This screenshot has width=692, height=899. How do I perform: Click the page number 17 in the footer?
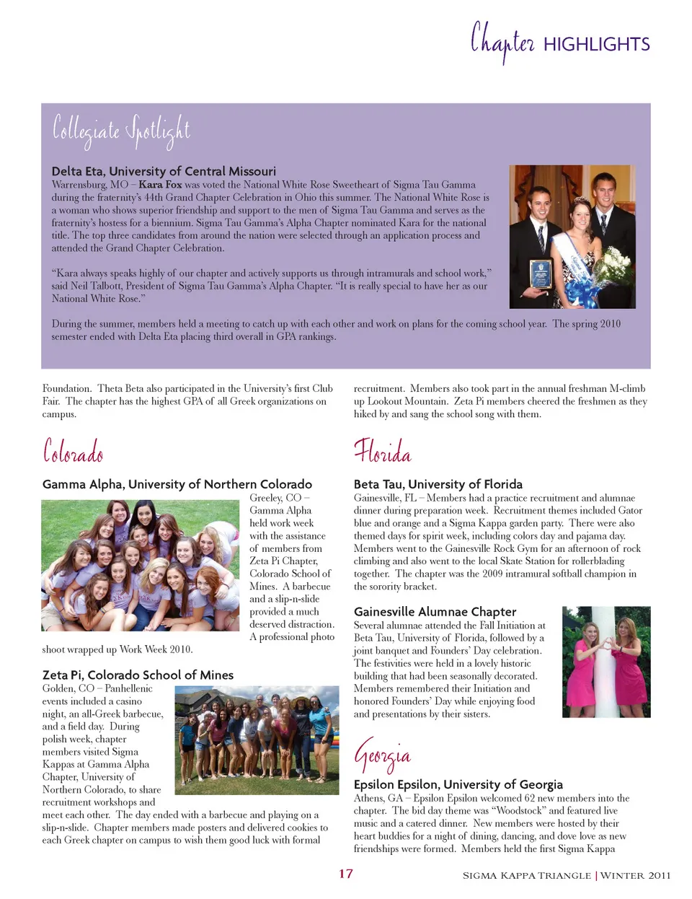pyautogui.click(x=346, y=874)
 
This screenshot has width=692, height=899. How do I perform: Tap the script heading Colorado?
pyautogui.click(x=73, y=452)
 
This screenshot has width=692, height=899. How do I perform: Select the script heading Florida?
pyautogui.click(x=382, y=452)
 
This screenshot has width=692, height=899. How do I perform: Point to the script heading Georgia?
pyautogui.click(x=382, y=755)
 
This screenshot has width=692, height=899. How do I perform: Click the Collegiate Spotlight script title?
pyautogui.click(x=121, y=131)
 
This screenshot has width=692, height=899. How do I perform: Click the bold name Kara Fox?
pyautogui.click(x=160, y=185)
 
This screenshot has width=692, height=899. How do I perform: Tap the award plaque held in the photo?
pyautogui.click(x=541, y=274)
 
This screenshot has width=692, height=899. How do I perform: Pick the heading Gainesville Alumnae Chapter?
pyautogui.click(x=435, y=612)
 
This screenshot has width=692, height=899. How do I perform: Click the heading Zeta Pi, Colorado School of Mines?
pyautogui.click(x=138, y=675)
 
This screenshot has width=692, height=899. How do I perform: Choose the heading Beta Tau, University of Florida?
pyautogui.click(x=438, y=484)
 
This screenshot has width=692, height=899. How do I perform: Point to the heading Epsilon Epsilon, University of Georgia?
pyautogui.click(x=458, y=784)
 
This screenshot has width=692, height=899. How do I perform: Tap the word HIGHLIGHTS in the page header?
pyautogui.click(x=596, y=45)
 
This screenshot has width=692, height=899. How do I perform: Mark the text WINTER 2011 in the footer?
pyautogui.click(x=635, y=876)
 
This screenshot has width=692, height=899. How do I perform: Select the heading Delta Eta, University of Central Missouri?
pyautogui.click(x=164, y=171)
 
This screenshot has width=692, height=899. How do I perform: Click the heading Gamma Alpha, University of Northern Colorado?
pyautogui.click(x=177, y=484)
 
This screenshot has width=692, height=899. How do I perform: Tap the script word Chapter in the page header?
pyautogui.click(x=502, y=42)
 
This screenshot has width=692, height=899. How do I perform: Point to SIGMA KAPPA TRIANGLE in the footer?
pyautogui.click(x=526, y=876)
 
